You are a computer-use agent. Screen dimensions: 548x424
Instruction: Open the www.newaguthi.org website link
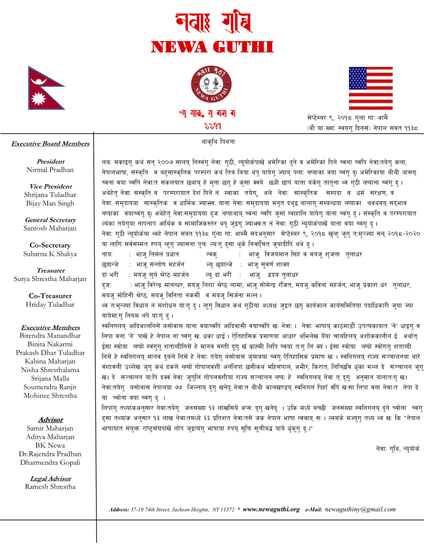pos(271,509)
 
